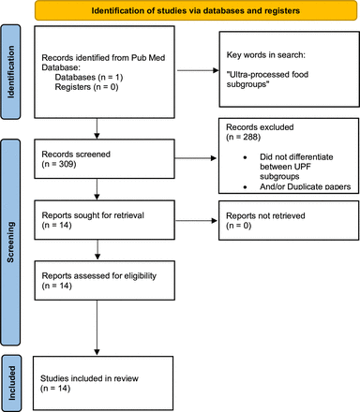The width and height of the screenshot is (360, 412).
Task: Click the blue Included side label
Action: (x=13, y=370)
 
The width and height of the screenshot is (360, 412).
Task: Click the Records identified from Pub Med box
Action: (x=96, y=72)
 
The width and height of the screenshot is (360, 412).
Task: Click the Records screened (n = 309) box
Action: (x=96, y=158)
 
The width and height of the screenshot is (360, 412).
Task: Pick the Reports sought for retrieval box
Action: (x=96, y=220)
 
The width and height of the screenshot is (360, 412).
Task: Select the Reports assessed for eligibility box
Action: (x=96, y=283)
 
